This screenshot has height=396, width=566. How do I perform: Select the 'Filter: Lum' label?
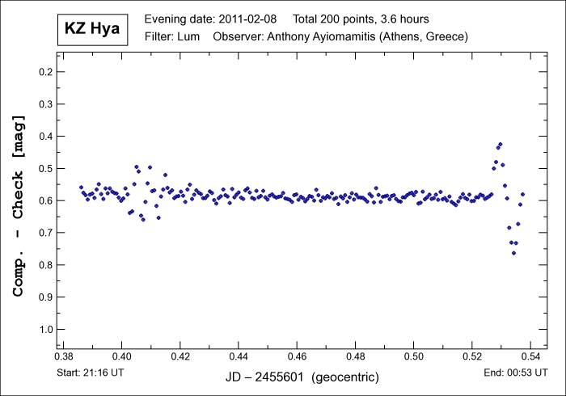(x=173, y=36)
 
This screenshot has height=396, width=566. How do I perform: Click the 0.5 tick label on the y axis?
(x=47, y=168)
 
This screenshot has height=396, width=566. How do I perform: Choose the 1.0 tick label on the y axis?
(x=47, y=329)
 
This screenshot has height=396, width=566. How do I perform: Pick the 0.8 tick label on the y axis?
(x=47, y=264)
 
